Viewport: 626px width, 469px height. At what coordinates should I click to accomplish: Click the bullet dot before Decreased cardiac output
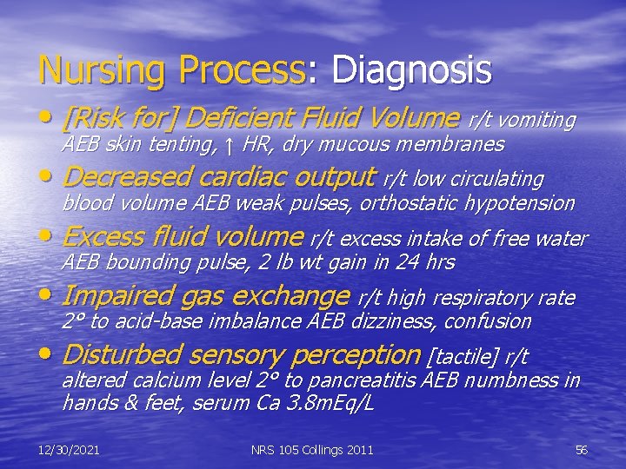[x=48, y=180]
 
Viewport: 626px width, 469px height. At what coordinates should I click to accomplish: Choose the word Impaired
[x=117, y=296]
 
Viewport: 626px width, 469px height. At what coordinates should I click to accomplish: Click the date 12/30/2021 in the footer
[x=69, y=449]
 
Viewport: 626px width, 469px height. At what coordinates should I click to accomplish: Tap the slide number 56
[x=582, y=449]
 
